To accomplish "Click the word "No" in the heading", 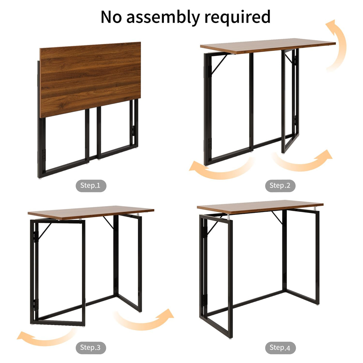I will [x=111, y=17].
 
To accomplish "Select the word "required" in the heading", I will [x=237, y=17].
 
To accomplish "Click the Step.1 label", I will [x=90, y=186].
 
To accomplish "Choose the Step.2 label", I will [x=280, y=186].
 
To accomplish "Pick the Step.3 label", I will [x=90, y=348].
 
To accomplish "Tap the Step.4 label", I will [x=280, y=348].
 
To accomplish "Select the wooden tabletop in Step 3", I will [x=91, y=212].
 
